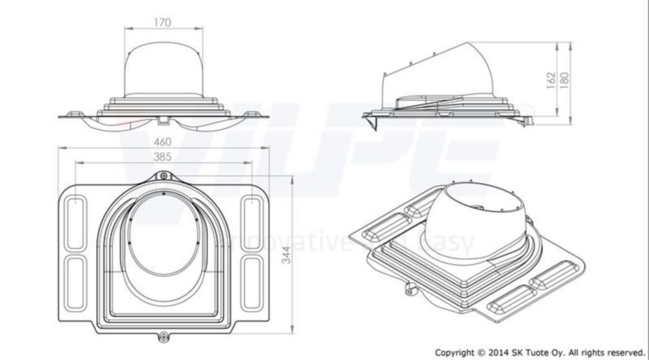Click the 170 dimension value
pos(162,22)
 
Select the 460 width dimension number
pos(162,142)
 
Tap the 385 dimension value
pos(162,157)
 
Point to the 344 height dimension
pos(287,255)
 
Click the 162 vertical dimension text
pos(551,80)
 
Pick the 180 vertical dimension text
pos(564,80)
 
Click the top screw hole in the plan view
pos(163,176)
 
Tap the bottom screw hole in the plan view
pos(163,336)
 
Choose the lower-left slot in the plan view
pos(75,283)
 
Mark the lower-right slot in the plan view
pos(251,283)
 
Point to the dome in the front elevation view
pos(163,70)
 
